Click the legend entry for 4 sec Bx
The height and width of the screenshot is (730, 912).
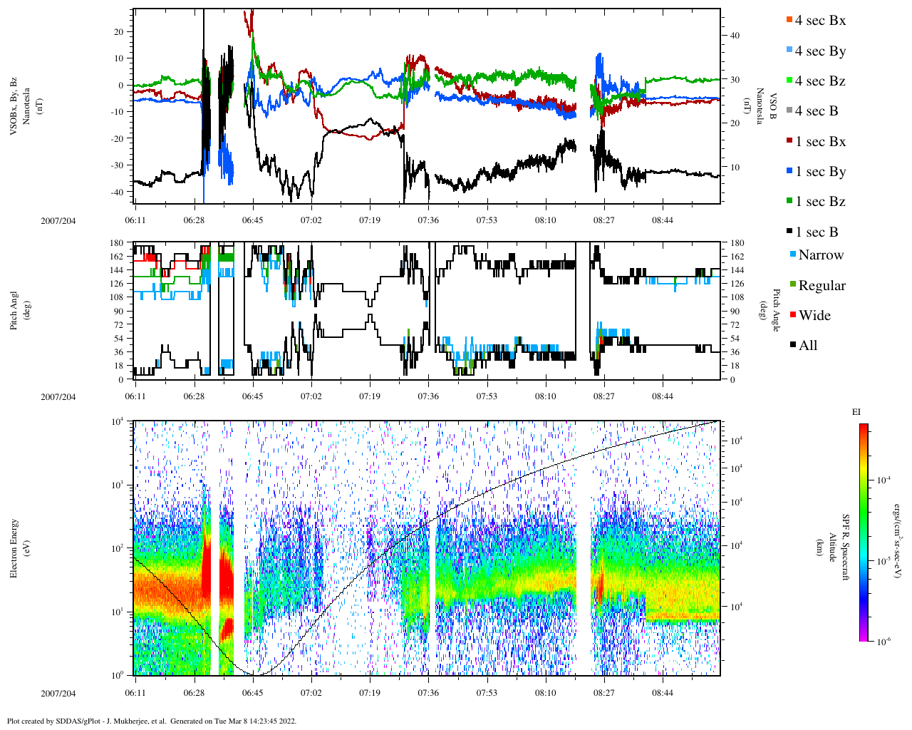pos(819,21)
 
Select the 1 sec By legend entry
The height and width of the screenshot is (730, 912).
pos(820,172)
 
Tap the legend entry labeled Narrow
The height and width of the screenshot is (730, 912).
pos(820,255)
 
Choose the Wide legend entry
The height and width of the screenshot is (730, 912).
pos(814,316)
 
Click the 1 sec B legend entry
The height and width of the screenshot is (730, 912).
pos(817,232)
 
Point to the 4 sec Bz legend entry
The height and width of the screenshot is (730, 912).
pos(819,81)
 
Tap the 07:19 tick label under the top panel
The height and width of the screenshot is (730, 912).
pos(370,220)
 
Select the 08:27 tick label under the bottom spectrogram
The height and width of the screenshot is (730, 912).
pos(604,693)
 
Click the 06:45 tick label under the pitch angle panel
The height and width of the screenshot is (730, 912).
pos(252,396)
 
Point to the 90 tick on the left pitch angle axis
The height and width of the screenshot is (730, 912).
pos(118,311)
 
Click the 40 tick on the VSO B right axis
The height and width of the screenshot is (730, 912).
pos(735,36)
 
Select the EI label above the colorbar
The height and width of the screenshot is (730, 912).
pos(856,412)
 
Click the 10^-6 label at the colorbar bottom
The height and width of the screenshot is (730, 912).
pos(880,642)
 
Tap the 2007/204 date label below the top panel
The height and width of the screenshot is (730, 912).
pos(58,220)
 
